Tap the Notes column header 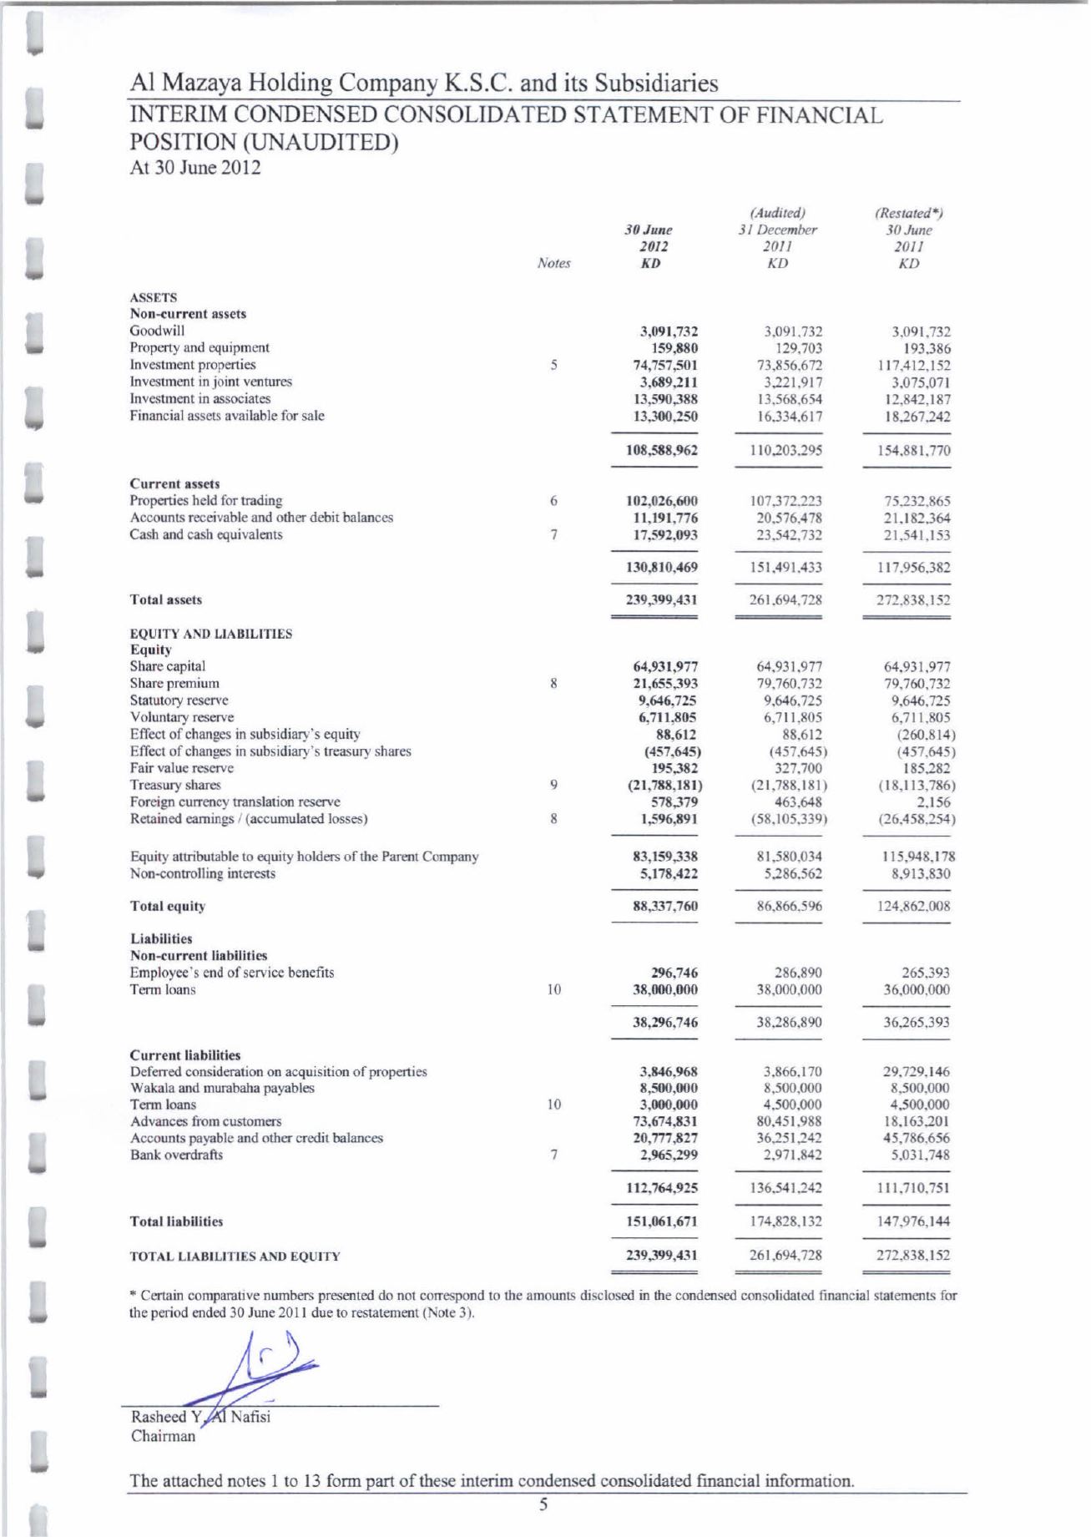553,263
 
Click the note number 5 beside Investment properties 553,365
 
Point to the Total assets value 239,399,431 664,599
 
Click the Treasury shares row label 175,785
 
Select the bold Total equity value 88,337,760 664,906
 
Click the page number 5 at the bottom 543,1505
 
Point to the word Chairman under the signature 163,1436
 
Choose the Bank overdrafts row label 176,1155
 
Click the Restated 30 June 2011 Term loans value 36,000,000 916,989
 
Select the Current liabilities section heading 184,1054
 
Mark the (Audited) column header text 777,213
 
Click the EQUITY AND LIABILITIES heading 210,634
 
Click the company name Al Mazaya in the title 184,83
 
